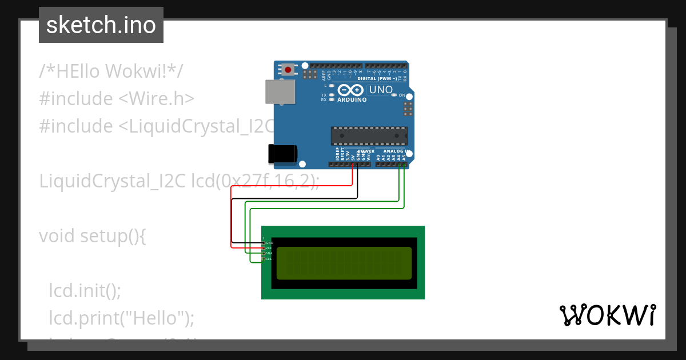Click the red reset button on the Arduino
click(x=288, y=70)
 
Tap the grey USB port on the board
click(x=280, y=91)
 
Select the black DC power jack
click(x=282, y=153)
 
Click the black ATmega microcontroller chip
click(x=369, y=135)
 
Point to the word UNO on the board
click(x=381, y=90)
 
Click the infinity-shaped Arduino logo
click(x=350, y=90)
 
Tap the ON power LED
click(x=393, y=95)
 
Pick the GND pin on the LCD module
click(x=264, y=243)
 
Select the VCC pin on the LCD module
click(x=264, y=248)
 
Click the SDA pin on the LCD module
click(x=264, y=253)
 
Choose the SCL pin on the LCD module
click(x=264, y=259)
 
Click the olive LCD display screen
click(x=344, y=263)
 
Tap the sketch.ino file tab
click(x=101, y=25)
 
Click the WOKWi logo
click(x=607, y=315)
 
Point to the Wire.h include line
click(x=117, y=98)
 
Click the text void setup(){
click(x=92, y=235)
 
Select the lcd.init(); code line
click(x=85, y=290)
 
